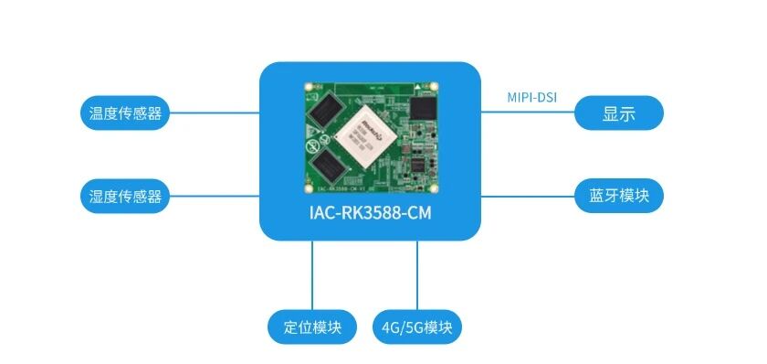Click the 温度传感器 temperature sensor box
pyautogui.click(x=125, y=112)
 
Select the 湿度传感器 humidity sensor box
pyautogui.click(x=125, y=196)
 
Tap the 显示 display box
pyautogui.click(x=619, y=112)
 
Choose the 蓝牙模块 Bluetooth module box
pyautogui.click(x=619, y=196)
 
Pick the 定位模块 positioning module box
pyautogui.click(x=312, y=327)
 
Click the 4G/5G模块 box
pyautogui.click(x=417, y=327)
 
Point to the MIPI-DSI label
pyautogui.click(x=531, y=97)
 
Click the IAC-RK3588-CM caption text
pyautogui.click(x=371, y=214)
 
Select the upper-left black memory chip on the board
pyautogui.click(x=324, y=112)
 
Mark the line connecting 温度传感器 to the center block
pyautogui.click(x=215, y=112)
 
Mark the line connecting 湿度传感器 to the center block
pyautogui.click(x=215, y=196)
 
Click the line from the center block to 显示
pyautogui.click(x=528, y=112)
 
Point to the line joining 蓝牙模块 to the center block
pyautogui.click(x=528, y=196)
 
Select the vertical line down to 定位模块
pyautogui.click(x=312, y=275)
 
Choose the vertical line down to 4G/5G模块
pyautogui.click(x=417, y=275)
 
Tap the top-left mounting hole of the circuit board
pyautogui.click(x=309, y=87)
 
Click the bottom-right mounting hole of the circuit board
pyautogui.click(x=433, y=188)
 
